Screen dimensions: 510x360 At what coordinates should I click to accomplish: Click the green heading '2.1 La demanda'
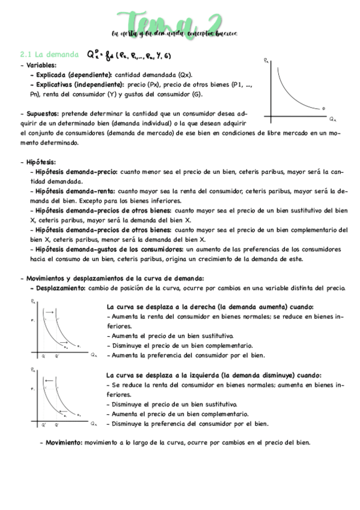(49, 55)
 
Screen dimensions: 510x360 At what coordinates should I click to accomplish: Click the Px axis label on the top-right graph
(267, 61)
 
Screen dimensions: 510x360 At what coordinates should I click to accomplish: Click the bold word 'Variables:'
(40, 65)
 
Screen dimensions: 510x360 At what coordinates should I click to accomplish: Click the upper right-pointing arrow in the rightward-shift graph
(50, 313)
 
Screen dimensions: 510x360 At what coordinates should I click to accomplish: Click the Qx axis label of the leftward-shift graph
(94, 425)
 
